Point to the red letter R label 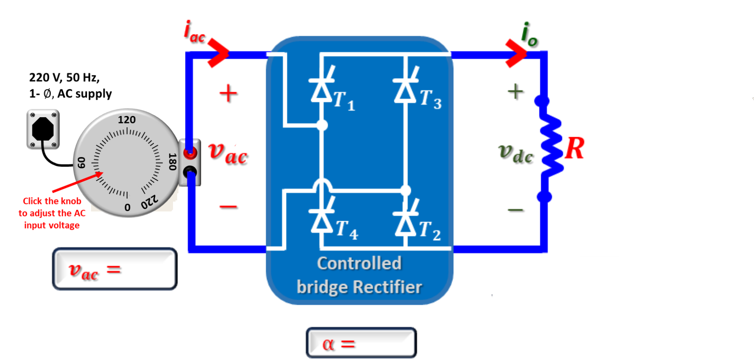(574, 148)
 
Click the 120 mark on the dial (126, 120)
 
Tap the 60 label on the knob (82, 163)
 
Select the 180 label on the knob (172, 162)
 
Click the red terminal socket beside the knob (190, 153)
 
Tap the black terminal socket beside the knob (190, 171)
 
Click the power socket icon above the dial (43, 129)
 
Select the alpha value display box (361, 343)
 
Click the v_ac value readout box (114, 269)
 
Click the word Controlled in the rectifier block (359, 264)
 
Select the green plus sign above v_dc (515, 91)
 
